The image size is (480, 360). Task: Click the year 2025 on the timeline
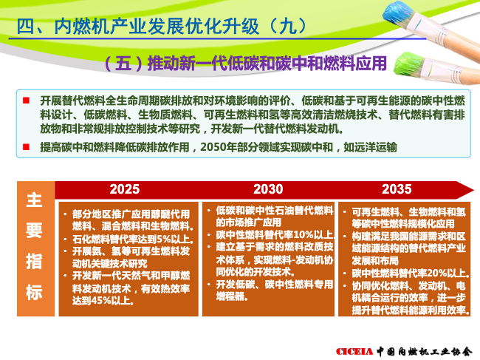point(125,189)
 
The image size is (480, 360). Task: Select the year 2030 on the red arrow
point(268,189)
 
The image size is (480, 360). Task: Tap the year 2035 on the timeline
point(397,189)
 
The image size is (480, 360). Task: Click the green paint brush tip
point(406,65)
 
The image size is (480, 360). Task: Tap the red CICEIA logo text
point(354,351)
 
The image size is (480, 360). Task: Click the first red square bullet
point(27,101)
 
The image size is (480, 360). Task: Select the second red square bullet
point(27,147)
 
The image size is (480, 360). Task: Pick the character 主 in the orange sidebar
point(34,200)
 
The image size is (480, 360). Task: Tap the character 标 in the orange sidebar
point(34,292)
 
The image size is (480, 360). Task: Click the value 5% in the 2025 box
point(162,239)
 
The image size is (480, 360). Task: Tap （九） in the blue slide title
point(286,27)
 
